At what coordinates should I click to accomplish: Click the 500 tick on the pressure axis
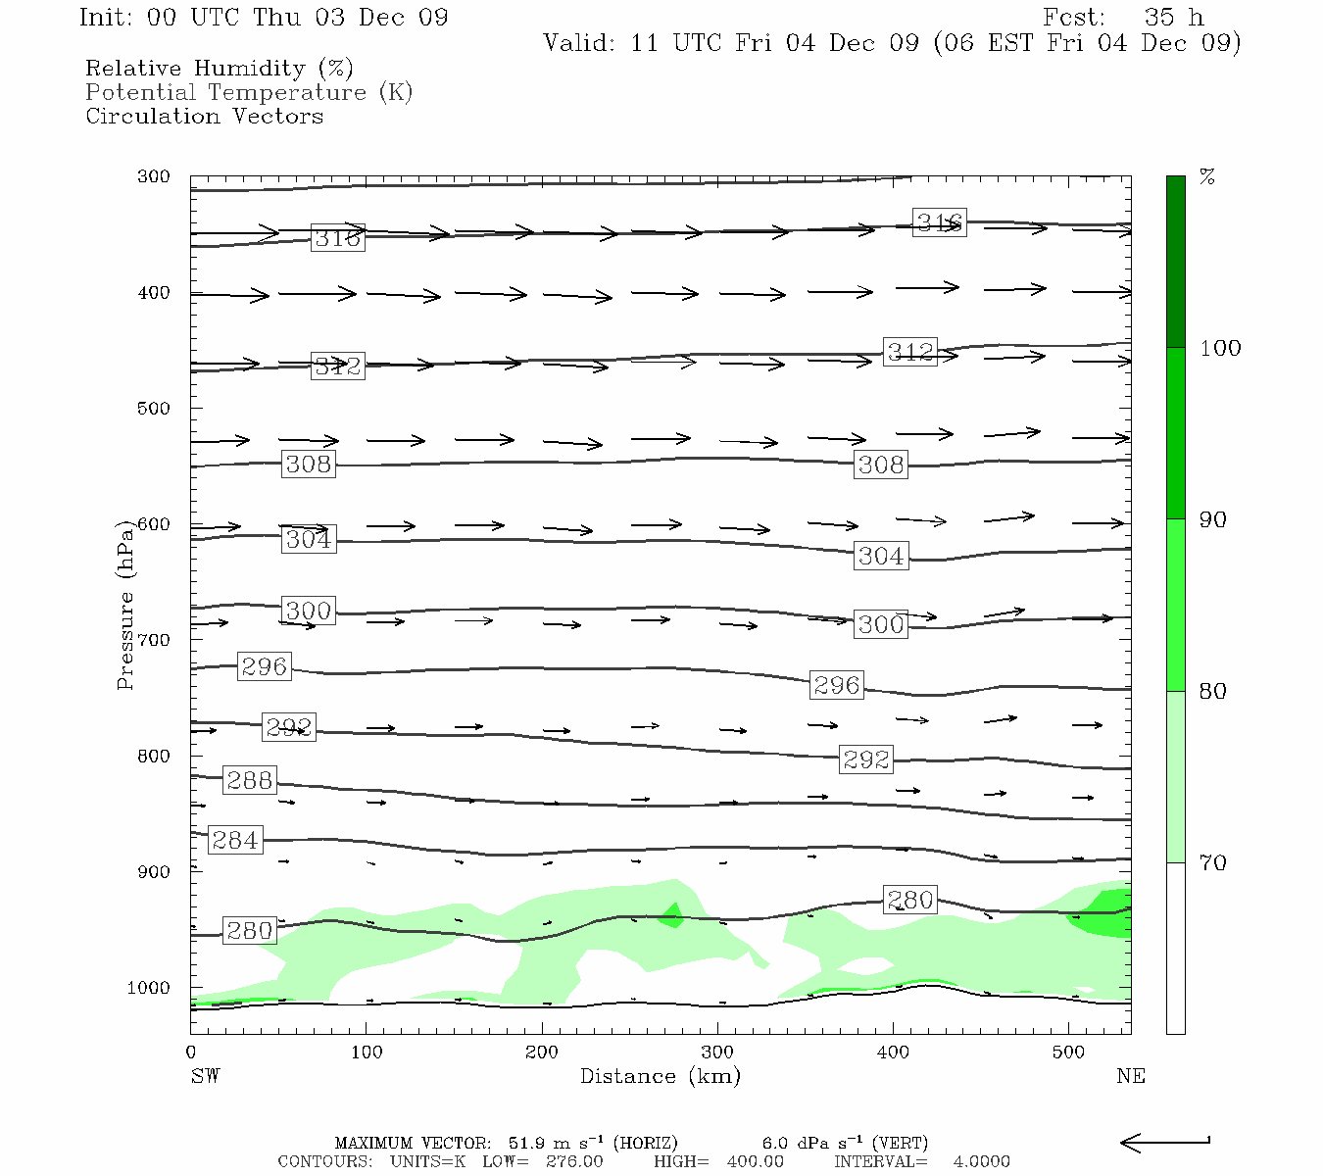pyautogui.click(x=154, y=409)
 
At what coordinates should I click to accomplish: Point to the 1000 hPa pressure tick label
pyautogui.click(x=149, y=988)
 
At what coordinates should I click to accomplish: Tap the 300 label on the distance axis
pyautogui.click(x=717, y=1052)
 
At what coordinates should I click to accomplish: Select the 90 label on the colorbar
pyautogui.click(x=1213, y=519)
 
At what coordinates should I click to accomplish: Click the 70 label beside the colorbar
pyautogui.click(x=1213, y=862)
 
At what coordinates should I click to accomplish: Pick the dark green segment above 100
pyautogui.click(x=1175, y=262)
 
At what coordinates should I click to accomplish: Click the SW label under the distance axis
pyautogui.click(x=205, y=1076)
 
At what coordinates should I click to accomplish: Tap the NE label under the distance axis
pyautogui.click(x=1130, y=1076)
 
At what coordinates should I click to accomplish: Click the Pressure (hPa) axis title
pyautogui.click(x=124, y=605)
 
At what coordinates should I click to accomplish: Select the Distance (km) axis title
pyautogui.click(x=660, y=1076)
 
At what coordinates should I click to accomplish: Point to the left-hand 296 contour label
pyautogui.click(x=264, y=666)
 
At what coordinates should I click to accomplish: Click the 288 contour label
pyautogui.click(x=249, y=780)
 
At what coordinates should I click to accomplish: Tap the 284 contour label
pyautogui.click(x=235, y=840)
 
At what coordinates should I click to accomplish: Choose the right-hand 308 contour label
pyautogui.click(x=880, y=465)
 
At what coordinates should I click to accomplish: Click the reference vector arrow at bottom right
pyautogui.click(x=1164, y=1142)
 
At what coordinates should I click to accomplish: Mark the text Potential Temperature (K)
pyautogui.click(x=249, y=92)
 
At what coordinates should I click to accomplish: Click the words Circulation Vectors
pyautogui.click(x=204, y=116)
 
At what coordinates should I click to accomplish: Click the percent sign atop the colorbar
pyautogui.click(x=1207, y=177)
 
